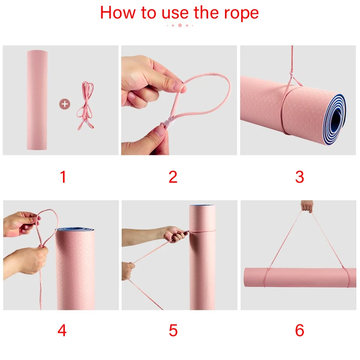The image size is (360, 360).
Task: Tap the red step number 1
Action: pyautogui.click(x=63, y=177)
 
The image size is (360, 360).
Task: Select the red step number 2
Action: pyautogui.click(x=173, y=177)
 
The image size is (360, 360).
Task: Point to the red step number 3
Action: pyautogui.click(x=299, y=177)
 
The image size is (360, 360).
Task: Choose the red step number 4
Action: pyautogui.click(x=62, y=330)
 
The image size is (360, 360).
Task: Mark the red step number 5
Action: pyautogui.click(x=173, y=330)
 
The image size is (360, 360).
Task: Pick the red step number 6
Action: pyautogui.click(x=299, y=330)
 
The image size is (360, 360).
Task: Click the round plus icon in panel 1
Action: pyautogui.click(x=65, y=104)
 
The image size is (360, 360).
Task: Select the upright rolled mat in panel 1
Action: pyautogui.click(x=37, y=100)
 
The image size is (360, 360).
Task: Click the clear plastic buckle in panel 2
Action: pyautogui.click(x=169, y=121)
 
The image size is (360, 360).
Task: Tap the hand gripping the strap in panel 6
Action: pyautogui.click(x=307, y=206)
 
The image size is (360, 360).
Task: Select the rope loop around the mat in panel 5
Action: pyautogui.click(x=202, y=231)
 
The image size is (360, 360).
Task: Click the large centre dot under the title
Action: pyautogui.click(x=180, y=25)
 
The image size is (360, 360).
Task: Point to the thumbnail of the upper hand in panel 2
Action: pyautogui.click(x=177, y=85)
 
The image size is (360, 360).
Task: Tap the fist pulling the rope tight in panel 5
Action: pyautogui.click(x=175, y=234)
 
